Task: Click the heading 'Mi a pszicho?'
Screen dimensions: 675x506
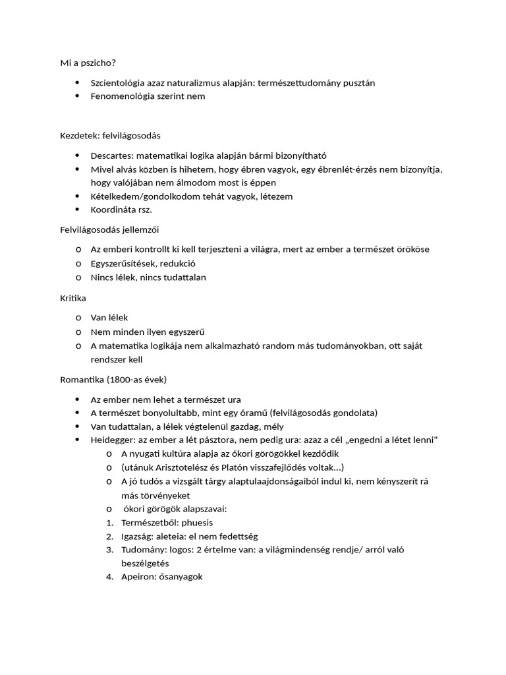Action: coord(88,63)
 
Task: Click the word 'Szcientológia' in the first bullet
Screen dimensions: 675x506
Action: coord(119,82)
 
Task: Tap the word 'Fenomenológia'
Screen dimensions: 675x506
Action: coord(121,96)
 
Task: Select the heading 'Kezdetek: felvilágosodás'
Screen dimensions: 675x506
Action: coord(111,136)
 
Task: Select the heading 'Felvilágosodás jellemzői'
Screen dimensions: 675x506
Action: coord(110,230)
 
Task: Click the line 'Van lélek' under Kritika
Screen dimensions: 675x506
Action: coord(109,318)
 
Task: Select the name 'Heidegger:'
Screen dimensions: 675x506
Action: coord(113,440)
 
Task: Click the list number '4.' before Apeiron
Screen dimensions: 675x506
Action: coord(110,577)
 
